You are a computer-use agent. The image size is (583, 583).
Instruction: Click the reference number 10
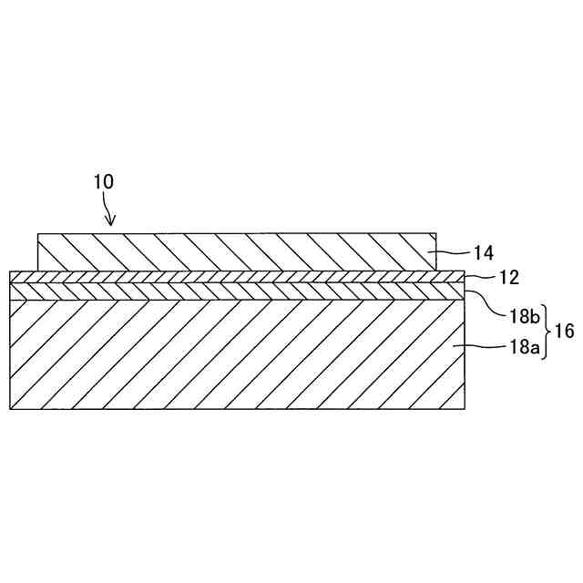103,180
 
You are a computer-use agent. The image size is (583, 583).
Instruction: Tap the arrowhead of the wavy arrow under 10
112,222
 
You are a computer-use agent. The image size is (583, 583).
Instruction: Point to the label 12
484,275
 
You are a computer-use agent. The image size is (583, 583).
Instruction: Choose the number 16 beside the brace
564,331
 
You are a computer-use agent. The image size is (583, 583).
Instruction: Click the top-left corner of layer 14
37,234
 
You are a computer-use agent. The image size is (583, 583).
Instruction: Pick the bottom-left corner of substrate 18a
9,408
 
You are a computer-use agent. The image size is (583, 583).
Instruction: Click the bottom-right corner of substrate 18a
465,408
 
